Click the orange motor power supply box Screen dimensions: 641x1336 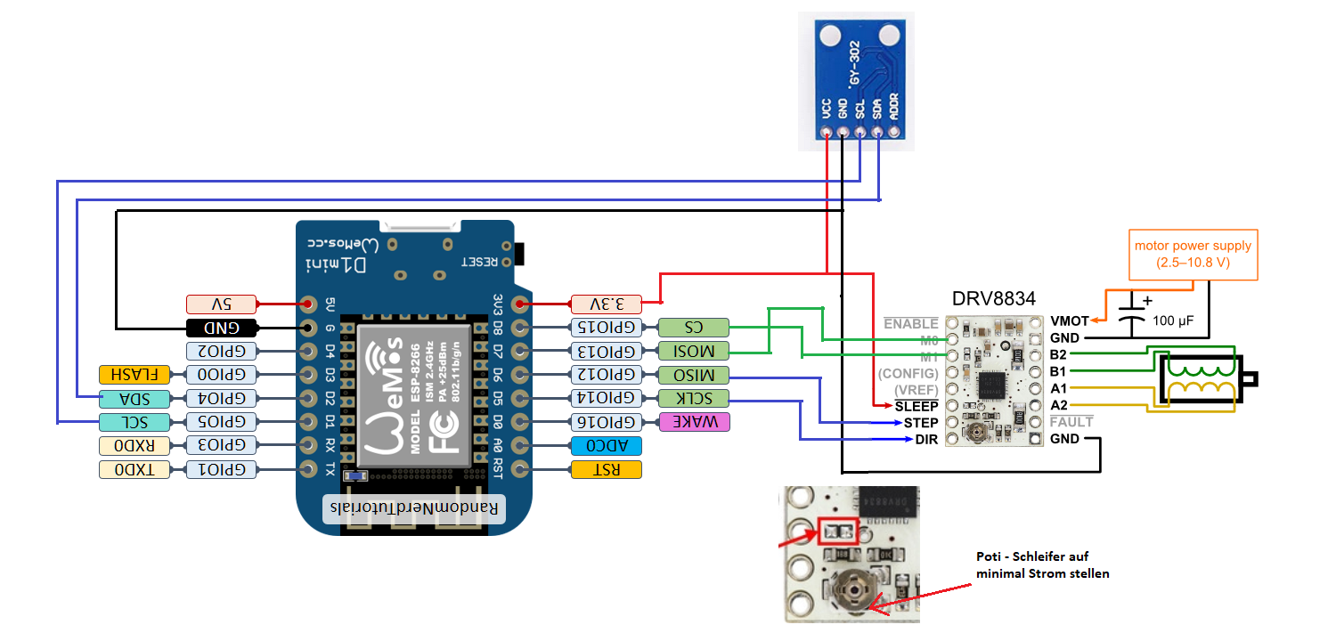[x=1193, y=255]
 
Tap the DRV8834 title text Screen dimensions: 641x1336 [x=993, y=298]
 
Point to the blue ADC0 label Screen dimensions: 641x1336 [x=606, y=445]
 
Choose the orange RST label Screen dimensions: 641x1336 [x=606, y=469]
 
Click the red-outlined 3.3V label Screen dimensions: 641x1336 [x=605, y=304]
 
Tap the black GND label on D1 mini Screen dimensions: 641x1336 [x=222, y=328]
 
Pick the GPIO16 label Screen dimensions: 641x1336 [x=606, y=422]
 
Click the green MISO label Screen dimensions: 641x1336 [x=693, y=375]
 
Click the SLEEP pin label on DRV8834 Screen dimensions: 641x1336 [x=916, y=405]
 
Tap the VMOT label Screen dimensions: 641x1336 [x=1070, y=321]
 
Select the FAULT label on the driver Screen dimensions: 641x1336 [x=1071, y=422]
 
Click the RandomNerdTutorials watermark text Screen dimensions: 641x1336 [x=414, y=507]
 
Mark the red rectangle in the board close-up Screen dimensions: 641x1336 [x=838, y=531]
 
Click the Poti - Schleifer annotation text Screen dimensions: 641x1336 [x=1042, y=564]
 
